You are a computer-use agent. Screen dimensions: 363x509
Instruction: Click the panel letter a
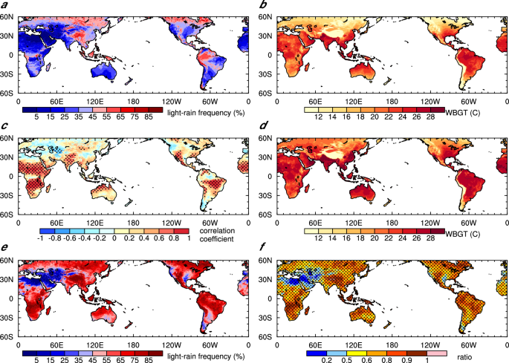click(4, 5)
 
